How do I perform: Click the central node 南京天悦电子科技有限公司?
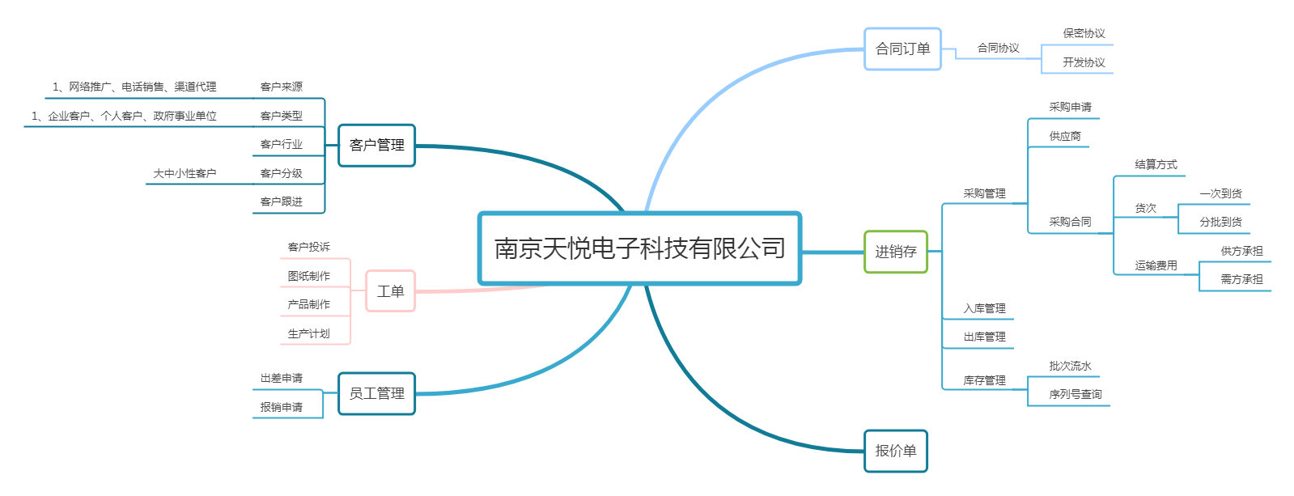coord(639,248)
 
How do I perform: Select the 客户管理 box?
coord(376,146)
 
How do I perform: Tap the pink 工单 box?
coord(390,291)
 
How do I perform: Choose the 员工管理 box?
coord(376,394)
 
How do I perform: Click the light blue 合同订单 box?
coord(902,49)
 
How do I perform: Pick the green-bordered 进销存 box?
coord(895,252)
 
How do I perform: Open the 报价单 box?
coord(895,451)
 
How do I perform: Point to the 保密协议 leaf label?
coord(1084,34)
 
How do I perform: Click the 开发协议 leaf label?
coord(1084,62)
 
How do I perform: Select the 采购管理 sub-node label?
coord(984,194)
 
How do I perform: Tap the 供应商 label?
coord(1065,137)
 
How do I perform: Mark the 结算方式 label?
coord(1156,165)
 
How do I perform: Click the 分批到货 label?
coord(1220,223)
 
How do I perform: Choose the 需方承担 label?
coord(1241,280)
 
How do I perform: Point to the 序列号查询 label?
coord(1075,395)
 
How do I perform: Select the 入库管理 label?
coord(984,309)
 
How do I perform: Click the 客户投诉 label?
coord(308,248)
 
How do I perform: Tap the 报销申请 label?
coord(281,408)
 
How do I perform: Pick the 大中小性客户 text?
coord(185,174)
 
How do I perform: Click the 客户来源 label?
coord(281,87)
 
